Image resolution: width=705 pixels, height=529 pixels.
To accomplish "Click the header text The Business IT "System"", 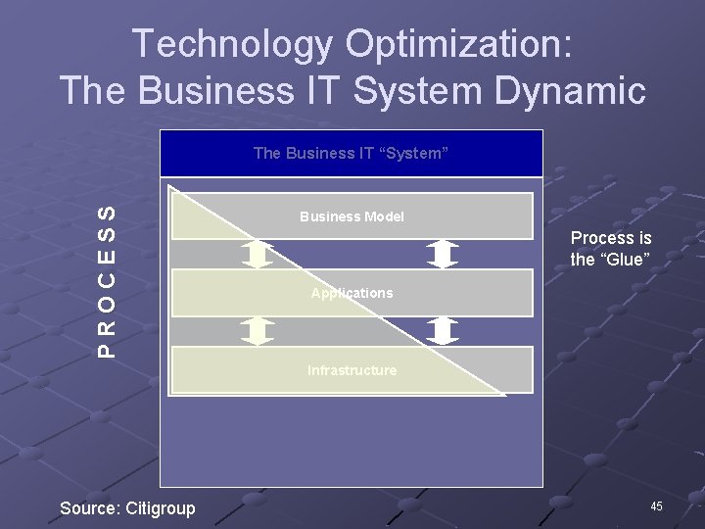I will (351, 153).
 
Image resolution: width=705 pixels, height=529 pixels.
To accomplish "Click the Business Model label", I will (352, 216).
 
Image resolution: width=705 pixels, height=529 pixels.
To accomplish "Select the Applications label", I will (352, 293).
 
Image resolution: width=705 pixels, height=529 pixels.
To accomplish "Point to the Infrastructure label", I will (352, 370).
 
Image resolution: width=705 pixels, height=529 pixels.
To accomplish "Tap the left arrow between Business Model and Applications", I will (258, 255).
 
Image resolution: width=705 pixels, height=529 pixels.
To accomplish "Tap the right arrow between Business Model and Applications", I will (444, 255).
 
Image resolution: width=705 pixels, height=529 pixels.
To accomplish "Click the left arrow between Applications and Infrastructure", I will (258, 331).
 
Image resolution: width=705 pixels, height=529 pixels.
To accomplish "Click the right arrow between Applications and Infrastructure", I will (444, 331).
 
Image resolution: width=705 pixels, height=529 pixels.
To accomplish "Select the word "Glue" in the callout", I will (627, 259).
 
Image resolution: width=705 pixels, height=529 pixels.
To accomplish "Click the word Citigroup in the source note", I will (161, 507).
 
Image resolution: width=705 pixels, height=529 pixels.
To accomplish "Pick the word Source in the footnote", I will (89, 507).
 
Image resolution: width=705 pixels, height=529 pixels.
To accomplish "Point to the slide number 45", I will (656, 505).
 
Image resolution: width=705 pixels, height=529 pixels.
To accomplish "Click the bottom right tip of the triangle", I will (504, 395).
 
